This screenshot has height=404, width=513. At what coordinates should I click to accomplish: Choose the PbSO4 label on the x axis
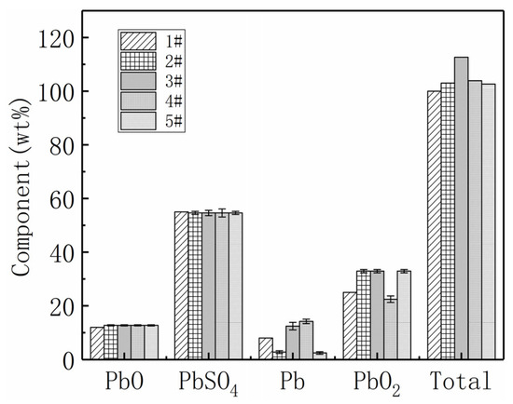click(x=210, y=384)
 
